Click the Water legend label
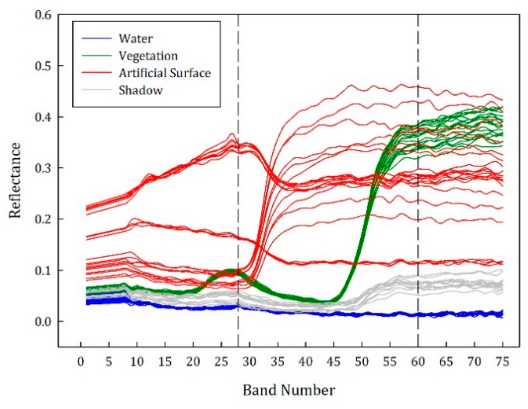click(135, 39)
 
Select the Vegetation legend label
click(148, 56)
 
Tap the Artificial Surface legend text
click(165, 73)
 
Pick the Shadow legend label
click(141, 90)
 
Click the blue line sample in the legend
click(97, 38)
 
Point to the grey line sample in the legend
click(97, 90)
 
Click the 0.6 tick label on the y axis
click(43, 15)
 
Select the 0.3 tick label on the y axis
click(43, 168)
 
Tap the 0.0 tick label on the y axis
click(43, 321)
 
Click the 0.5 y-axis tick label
click(43, 66)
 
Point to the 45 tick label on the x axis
click(333, 361)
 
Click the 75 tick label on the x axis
click(502, 361)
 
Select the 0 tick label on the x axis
click(81, 361)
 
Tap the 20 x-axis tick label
click(193, 361)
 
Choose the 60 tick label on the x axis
click(418, 361)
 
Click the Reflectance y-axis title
click(15, 181)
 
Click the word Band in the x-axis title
click(260, 391)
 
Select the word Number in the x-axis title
click(308, 391)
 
